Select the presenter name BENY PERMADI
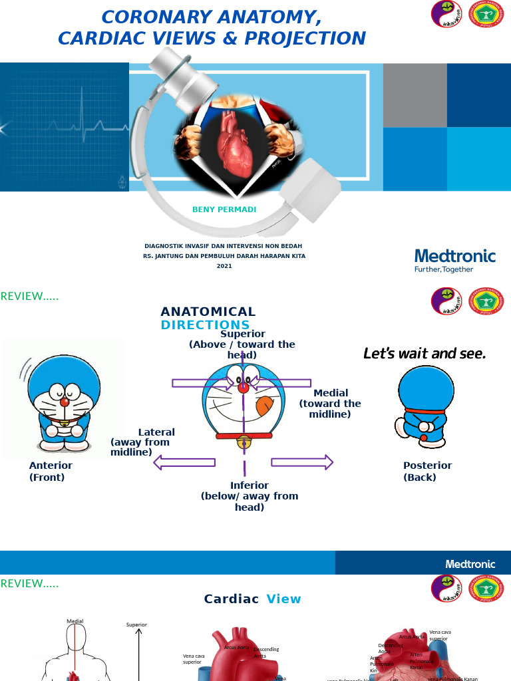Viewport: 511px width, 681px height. point(224,209)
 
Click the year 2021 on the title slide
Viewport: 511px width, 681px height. point(224,266)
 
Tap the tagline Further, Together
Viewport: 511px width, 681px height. point(444,269)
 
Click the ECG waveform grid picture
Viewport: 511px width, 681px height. point(64,127)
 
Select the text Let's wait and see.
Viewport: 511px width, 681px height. point(425,354)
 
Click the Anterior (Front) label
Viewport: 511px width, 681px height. point(51,471)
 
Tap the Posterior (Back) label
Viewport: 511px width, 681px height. point(427,471)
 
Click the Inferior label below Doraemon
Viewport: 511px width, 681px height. point(250,485)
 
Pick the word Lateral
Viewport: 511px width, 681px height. point(156,432)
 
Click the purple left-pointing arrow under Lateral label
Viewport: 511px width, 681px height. point(184,462)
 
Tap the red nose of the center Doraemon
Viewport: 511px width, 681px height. point(244,387)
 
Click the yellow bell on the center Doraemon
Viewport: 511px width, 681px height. point(244,442)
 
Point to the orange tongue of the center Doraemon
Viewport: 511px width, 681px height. point(264,405)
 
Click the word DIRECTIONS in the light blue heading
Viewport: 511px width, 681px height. point(205,325)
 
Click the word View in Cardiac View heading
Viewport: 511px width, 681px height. point(283,599)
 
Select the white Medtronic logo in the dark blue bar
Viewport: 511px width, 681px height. point(470,564)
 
